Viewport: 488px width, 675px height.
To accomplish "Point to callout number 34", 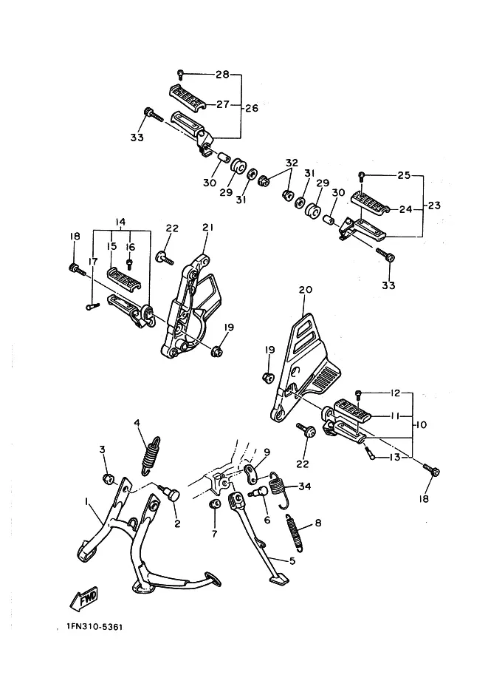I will pos(304,486).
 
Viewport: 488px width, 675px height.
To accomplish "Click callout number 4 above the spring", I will pos(137,423).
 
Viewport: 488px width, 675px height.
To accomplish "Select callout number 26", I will pos(252,108).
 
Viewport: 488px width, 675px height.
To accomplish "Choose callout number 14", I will pos(120,222).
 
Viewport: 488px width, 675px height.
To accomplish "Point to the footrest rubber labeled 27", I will pos(188,95).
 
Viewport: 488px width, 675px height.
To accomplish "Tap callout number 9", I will pos(267,452).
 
